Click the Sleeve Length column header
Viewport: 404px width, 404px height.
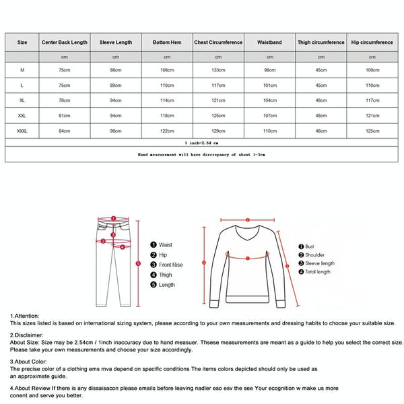click(115, 42)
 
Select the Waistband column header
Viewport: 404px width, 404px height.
click(269, 42)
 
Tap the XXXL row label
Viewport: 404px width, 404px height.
click(22, 130)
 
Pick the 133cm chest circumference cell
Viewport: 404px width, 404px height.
click(218, 71)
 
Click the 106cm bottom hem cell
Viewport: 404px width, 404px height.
click(166, 71)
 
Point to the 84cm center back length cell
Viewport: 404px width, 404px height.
click(64, 130)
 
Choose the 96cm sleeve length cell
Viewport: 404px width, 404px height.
click(115, 130)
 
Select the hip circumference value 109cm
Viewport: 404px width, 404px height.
click(372, 71)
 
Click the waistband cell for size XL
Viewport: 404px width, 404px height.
click(269, 100)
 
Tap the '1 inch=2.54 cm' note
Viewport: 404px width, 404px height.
click(201, 143)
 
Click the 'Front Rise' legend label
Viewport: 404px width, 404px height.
click(171, 265)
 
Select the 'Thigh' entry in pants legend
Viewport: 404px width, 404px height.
click(166, 275)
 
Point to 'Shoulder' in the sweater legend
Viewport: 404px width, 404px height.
click(314, 255)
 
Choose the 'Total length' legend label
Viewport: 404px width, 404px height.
click(318, 272)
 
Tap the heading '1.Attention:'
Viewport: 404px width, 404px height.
click(25, 315)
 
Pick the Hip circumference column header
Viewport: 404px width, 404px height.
click(372, 42)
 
